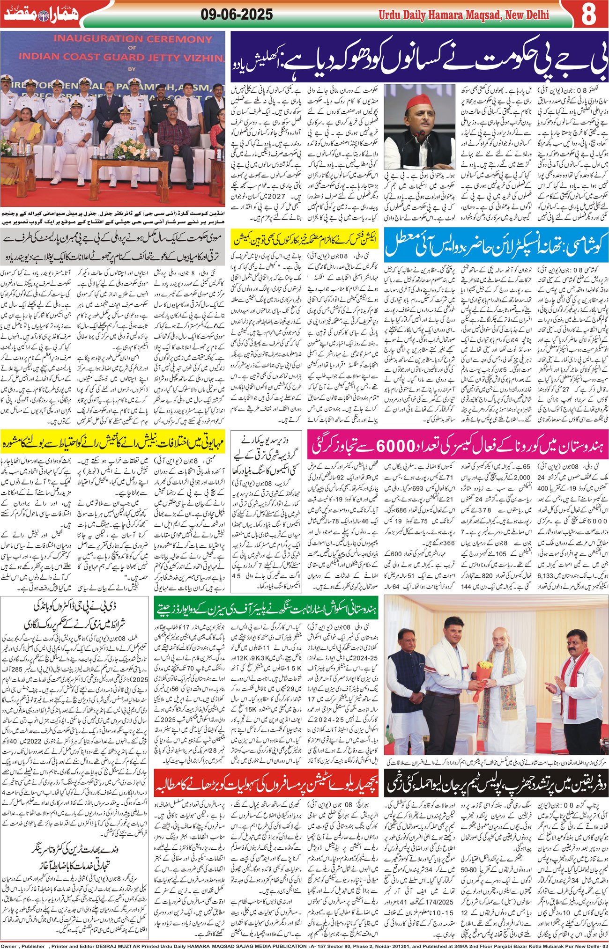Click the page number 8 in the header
(x=588, y=15)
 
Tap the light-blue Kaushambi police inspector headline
(x=496, y=244)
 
